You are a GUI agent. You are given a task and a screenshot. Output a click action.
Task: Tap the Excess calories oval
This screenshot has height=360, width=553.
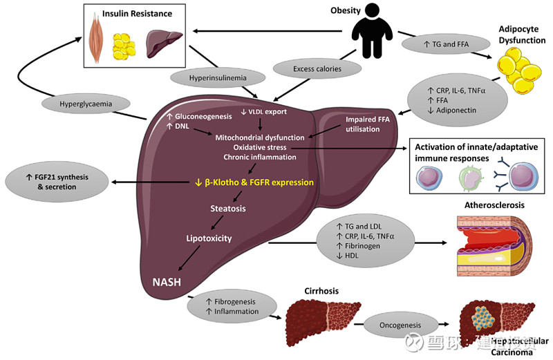317,68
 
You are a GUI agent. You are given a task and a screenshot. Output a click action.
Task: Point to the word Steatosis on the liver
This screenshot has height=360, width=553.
229,207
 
